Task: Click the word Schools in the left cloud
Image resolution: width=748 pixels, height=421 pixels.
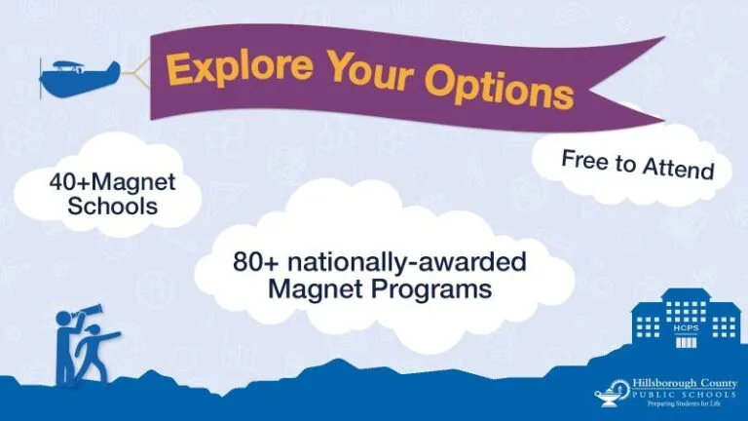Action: click(106, 206)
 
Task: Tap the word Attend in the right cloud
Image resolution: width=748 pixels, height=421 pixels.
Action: click(678, 170)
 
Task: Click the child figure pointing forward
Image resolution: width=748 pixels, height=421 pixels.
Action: click(94, 351)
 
